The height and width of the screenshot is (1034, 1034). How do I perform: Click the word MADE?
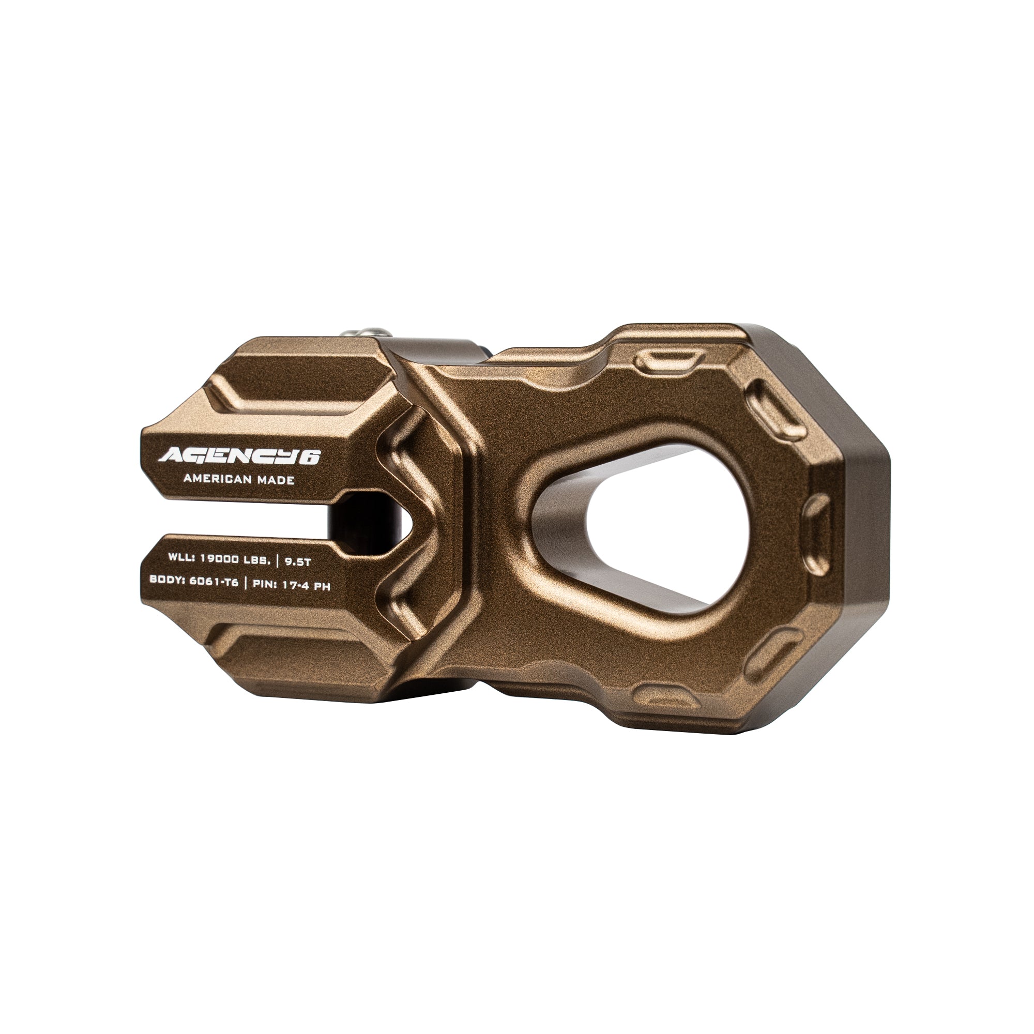tap(276, 480)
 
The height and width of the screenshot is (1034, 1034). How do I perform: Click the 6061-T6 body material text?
tap(214, 582)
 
